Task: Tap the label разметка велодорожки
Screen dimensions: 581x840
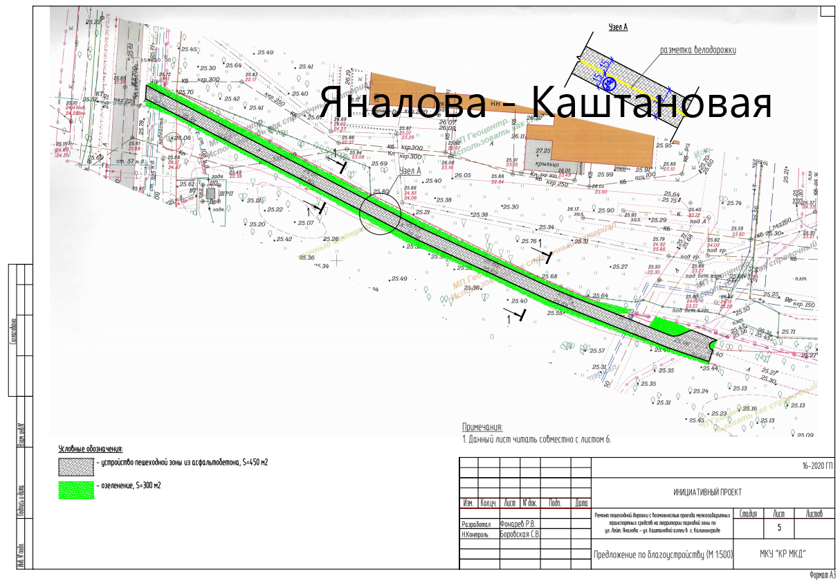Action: [x=697, y=50]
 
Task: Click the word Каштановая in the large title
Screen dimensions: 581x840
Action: [x=651, y=104]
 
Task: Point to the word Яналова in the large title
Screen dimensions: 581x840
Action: [x=404, y=104]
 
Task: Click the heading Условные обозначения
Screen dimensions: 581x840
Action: [x=90, y=449]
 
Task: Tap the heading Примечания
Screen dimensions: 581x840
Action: [x=482, y=427]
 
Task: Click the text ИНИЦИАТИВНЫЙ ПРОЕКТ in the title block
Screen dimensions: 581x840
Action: [x=707, y=492]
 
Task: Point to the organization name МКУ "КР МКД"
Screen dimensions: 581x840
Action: [x=783, y=555]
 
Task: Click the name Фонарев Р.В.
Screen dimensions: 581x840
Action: [x=518, y=524]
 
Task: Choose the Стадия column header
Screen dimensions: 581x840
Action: [x=747, y=514]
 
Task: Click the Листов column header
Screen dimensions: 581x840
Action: [x=814, y=514]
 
